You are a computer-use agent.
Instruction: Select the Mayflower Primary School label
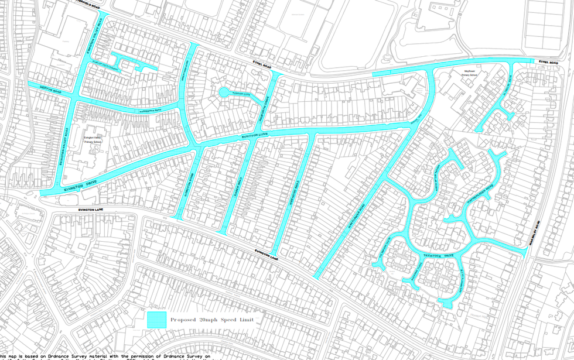tap(469, 73)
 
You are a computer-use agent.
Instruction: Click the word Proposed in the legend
tap(183, 320)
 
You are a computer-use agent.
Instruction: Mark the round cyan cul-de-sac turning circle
tap(224, 92)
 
